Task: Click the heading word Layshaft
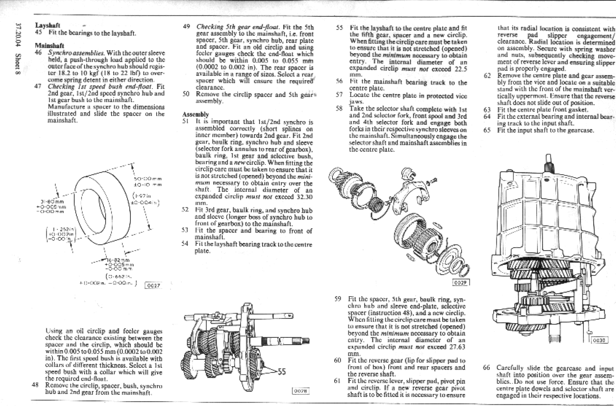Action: tap(47, 25)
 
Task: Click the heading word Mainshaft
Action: tap(49, 45)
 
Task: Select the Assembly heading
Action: tap(196, 114)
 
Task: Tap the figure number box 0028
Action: tap(300, 391)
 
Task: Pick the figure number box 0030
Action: tap(600, 340)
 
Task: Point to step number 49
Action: tap(186, 27)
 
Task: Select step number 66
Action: tap(486, 368)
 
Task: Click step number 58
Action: tap(339, 109)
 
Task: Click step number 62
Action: tap(487, 76)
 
